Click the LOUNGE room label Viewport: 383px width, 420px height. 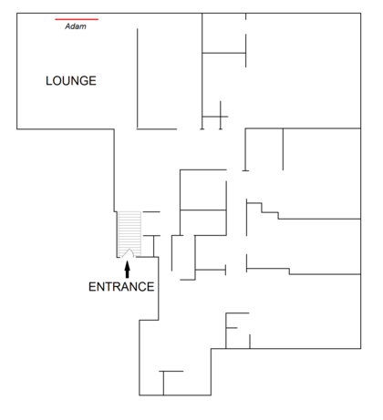[71, 81]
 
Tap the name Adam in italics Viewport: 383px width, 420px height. [76, 26]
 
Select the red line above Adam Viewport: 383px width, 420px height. [77, 19]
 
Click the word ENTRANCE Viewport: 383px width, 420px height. [121, 287]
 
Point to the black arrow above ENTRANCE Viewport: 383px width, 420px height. [128, 270]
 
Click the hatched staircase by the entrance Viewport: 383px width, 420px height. [129, 234]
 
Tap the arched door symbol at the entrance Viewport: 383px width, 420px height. [129, 253]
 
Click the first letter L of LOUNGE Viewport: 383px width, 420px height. [48, 81]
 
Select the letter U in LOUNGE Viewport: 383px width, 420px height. [66, 81]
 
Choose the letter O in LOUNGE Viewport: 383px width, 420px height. [57, 81]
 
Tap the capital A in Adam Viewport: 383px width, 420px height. [67, 26]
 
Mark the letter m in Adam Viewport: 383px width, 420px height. [83, 27]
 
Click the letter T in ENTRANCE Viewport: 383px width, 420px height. [108, 287]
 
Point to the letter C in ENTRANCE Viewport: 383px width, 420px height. [141, 287]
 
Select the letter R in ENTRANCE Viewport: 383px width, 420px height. [116, 287]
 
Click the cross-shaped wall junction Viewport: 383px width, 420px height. [221, 117]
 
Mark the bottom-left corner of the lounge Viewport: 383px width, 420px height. [17, 129]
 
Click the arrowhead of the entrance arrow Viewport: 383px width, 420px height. [128, 265]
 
